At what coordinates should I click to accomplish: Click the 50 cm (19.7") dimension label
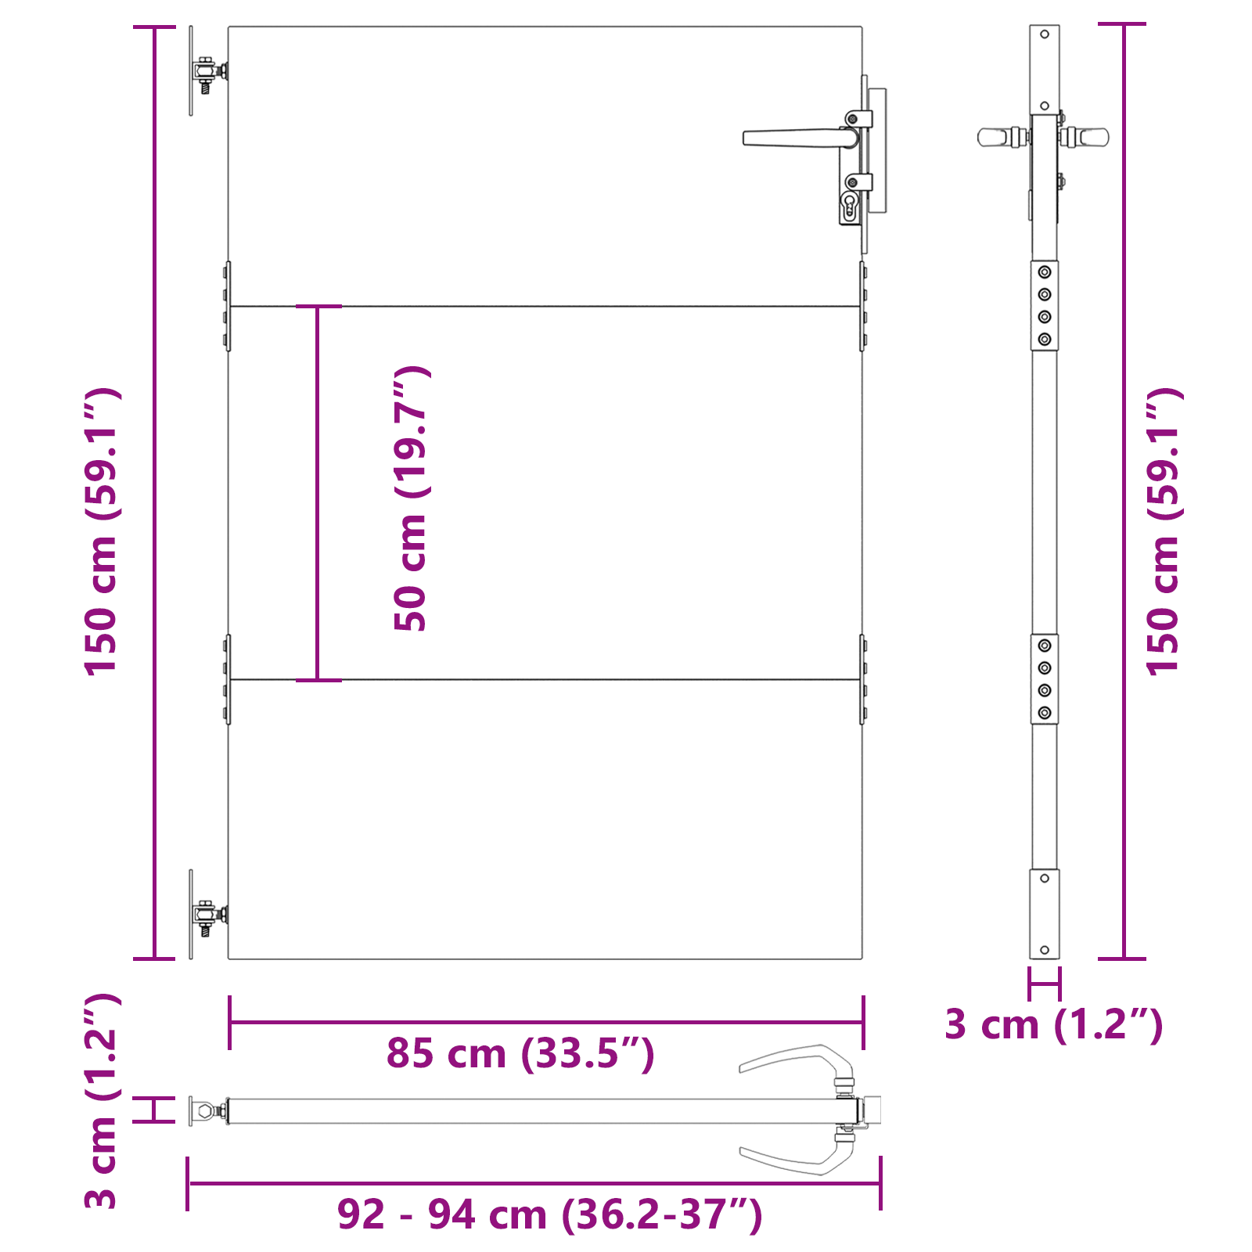[412, 498]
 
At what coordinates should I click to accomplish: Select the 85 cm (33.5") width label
[520, 1053]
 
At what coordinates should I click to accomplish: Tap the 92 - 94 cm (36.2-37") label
[549, 1214]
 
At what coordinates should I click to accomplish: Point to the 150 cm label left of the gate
[103, 531]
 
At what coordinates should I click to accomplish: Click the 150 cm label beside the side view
[1164, 531]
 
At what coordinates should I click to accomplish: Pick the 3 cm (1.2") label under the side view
[1054, 1025]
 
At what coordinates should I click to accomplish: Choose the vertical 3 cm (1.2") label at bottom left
[103, 1102]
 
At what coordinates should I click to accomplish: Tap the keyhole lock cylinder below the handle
[850, 207]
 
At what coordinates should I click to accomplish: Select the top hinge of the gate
[207, 72]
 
